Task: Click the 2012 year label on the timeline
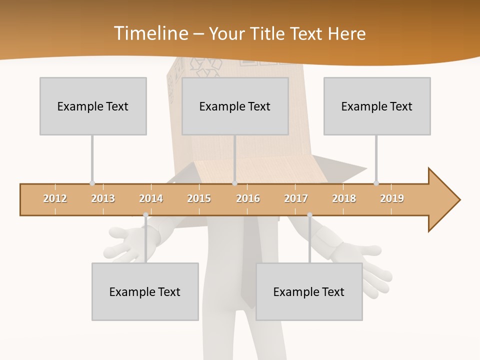pos(55,198)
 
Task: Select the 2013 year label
pos(103,198)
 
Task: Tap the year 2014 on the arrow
pos(151,198)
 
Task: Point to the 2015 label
pos(199,198)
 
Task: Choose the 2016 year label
pos(248,198)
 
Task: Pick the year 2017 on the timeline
pos(296,198)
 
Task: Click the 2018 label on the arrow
pos(344,198)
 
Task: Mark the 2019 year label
pos(392,198)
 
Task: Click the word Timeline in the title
pos(150,33)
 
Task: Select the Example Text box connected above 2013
pos(93,106)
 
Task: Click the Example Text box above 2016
pos(235,106)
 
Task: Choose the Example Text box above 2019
pos(377,106)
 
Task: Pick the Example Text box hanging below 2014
pos(145,291)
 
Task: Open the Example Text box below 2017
pos(309,291)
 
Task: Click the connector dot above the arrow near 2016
pos(235,183)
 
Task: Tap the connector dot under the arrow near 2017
pos(309,215)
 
